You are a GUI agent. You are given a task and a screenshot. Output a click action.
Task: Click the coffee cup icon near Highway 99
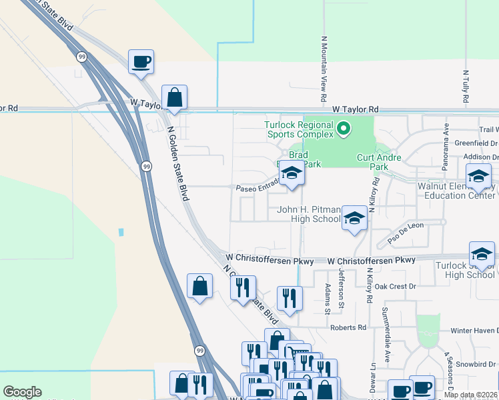(141, 62)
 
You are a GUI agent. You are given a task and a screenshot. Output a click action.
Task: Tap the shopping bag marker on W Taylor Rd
(174, 97)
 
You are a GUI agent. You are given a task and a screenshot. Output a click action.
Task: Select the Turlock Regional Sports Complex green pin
(344, 127)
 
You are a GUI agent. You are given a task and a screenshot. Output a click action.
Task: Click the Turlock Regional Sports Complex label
(298, 129)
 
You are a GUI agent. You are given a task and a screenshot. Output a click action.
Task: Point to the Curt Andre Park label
(382, 162)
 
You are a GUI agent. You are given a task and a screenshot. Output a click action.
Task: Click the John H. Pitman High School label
(309, 214)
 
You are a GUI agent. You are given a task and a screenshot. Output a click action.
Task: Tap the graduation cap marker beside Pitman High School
(354, 217)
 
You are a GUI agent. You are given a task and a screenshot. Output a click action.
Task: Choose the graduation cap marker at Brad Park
(291, 173)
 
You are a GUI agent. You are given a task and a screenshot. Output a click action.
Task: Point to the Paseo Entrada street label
(257, 189)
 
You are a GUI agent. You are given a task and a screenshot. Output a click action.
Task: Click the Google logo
(22, 392)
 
